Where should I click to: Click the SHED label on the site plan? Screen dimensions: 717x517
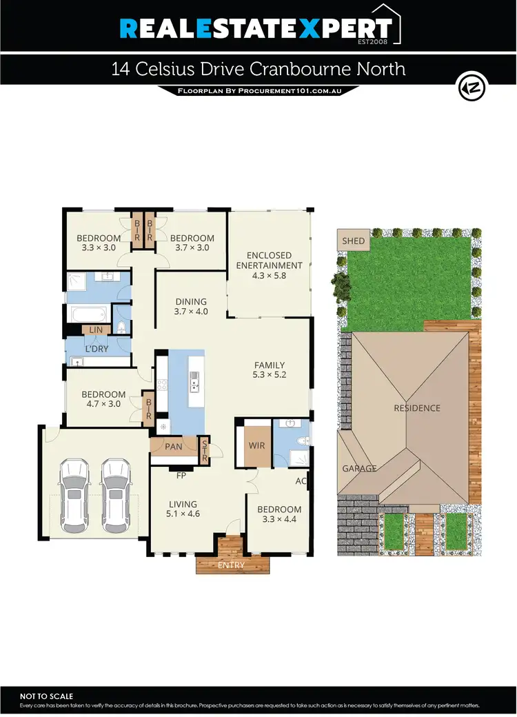point(353,241)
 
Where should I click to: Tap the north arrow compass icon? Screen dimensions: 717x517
point(472,88)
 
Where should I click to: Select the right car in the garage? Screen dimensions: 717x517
point(115,495)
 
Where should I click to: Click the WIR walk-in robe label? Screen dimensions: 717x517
point(256,446)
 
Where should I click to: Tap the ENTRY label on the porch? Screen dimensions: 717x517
point(232,565)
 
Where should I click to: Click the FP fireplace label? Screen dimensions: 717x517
point(182,476)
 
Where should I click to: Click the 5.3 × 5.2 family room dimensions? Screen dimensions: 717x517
point(270,376)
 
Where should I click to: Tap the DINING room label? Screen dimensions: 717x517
point(191,301)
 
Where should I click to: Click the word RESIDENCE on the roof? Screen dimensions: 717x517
point(416,408)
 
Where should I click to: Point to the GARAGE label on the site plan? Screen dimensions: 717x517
point(360,469)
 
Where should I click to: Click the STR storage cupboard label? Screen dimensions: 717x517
point(204,450)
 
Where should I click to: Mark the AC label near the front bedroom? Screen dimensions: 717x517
point(301,481)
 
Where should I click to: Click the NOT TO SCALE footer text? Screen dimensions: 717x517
point(47,697)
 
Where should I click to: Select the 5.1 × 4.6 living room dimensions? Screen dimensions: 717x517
point(183,514)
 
